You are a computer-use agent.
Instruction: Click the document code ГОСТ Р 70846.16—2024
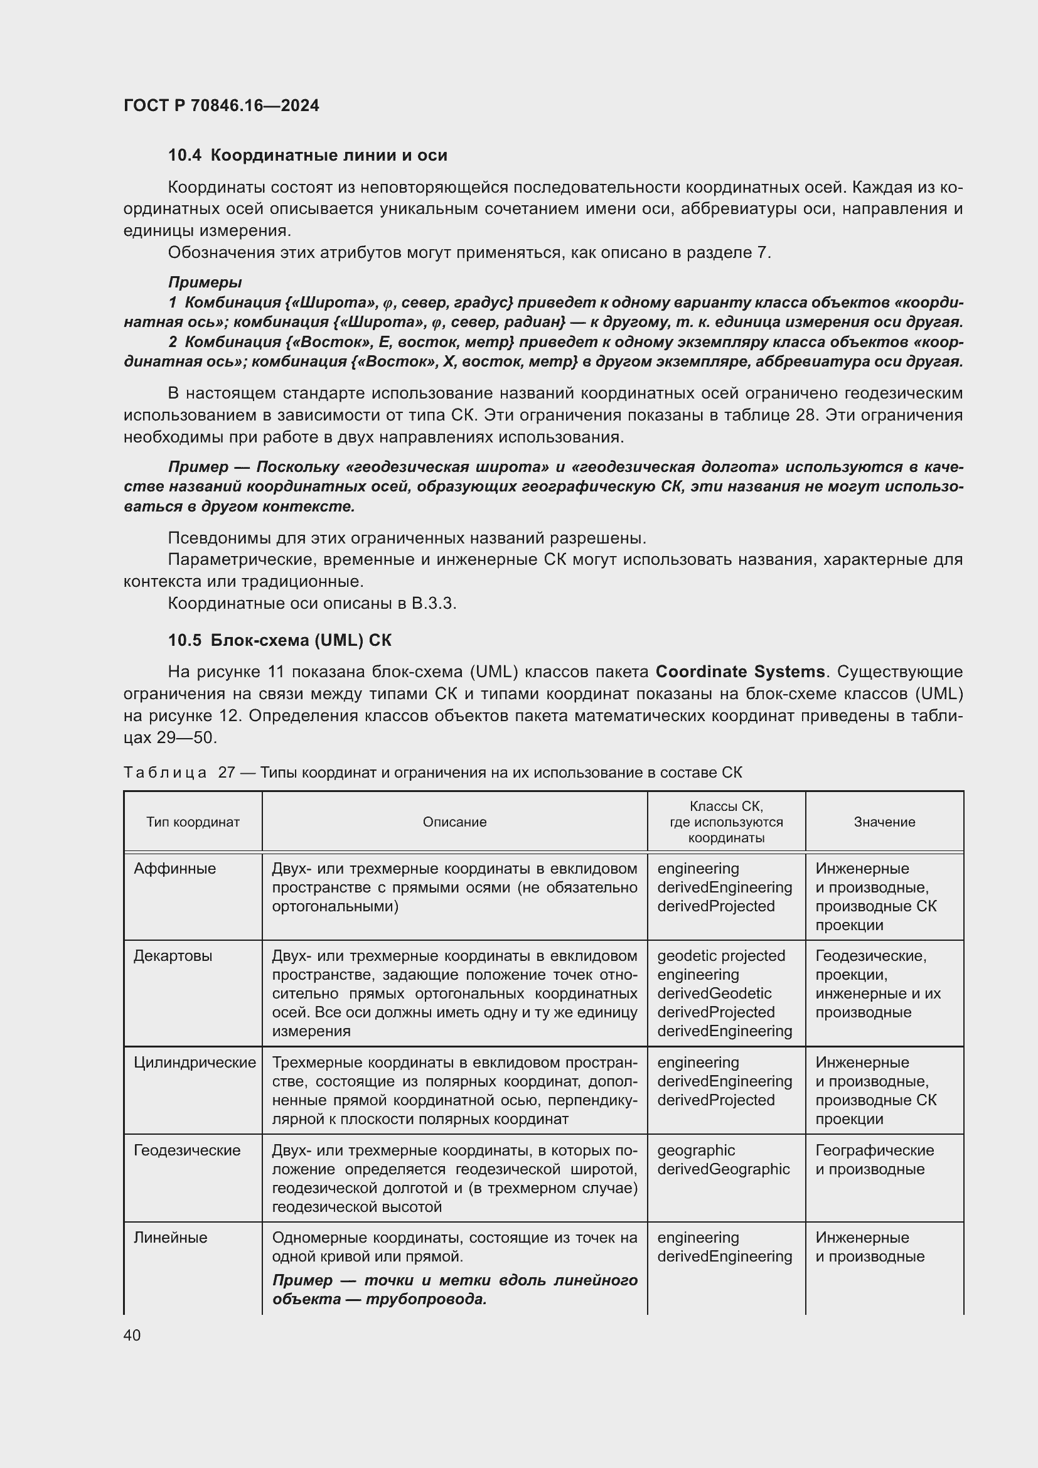221,105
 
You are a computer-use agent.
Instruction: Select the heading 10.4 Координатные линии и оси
308,155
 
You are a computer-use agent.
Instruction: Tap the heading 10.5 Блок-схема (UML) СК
280,640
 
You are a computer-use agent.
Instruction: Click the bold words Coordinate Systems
740,672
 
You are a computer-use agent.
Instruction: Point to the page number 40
132,1335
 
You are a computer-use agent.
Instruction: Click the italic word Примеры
205,282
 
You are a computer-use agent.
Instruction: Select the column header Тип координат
193,822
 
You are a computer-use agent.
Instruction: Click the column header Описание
454,822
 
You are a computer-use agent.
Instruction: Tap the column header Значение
884,822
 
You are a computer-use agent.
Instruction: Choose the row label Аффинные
174,869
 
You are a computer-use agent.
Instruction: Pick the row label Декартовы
173,956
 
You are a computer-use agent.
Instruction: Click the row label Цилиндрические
195,1063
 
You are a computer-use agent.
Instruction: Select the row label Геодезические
186,1150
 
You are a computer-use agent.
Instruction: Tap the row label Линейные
170,1238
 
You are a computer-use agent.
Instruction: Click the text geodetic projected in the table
720,956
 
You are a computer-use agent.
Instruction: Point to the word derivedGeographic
723,1169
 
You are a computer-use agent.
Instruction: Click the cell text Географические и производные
874,1159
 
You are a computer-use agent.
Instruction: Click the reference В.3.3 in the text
434,604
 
